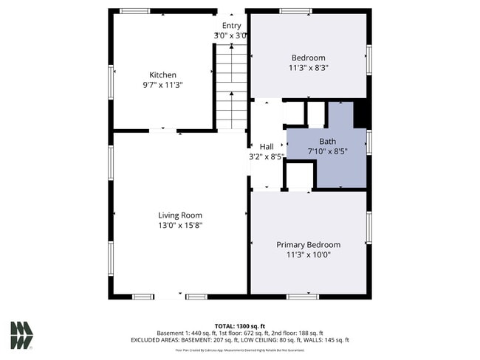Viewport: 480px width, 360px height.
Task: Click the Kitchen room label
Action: click(x=163, y=75)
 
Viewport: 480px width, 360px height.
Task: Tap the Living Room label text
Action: click(x=179, y=215)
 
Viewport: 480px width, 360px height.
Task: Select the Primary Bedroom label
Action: click(x=308, y=244)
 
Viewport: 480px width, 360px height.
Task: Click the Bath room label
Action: click(x=326, y=141)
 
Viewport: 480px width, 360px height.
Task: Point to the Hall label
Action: click(x=267, y=147)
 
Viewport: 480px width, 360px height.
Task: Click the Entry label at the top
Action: click(x=231, y=26)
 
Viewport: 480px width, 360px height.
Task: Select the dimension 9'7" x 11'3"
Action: click(x=163, y=85)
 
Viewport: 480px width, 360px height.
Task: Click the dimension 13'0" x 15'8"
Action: click(x=179, y=225)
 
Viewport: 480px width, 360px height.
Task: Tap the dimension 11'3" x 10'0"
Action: click(x=308, y=255)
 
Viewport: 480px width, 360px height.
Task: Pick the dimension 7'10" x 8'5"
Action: click(x=326, y=151)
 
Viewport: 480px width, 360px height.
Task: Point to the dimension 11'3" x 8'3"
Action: click(x=308, y=67)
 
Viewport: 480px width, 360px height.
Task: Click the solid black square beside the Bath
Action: click(x=361, y=115)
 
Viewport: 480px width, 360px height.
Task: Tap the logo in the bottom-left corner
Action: click(x=21, y=335)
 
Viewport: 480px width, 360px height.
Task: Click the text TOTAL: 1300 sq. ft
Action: click(x=240, y=325)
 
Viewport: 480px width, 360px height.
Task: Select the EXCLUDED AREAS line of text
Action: click(x=240, y=340)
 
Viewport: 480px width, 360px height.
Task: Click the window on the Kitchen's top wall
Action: click(x=135, y=11)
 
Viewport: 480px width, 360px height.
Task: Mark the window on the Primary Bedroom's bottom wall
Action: click(x=301, y=297)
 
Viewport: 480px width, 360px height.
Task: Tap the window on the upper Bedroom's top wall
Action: click(x=295, y=11)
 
